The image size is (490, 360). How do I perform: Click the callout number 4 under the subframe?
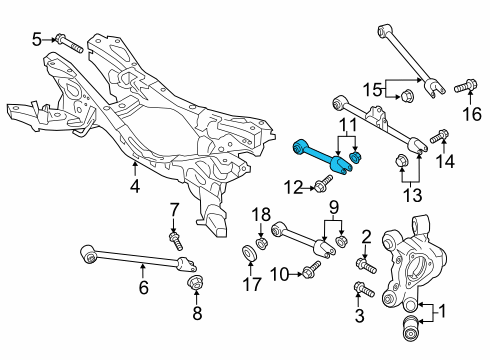coord(135,186)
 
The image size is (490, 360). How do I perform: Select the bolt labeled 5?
coord(69,43)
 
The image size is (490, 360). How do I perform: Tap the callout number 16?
coord(472,114)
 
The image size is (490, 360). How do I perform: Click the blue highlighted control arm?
coord(319,158)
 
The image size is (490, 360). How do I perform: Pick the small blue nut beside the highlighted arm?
coord(356,157)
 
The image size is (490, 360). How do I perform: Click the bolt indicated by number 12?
coord(323,183)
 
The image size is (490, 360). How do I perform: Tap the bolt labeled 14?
coord(439,136)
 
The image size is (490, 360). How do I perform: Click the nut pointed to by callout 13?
coord(400,161)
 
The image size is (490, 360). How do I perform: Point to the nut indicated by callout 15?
coord(406,96)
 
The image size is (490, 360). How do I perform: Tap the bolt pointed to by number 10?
coord(311,269)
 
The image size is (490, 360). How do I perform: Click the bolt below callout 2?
coord(366,265)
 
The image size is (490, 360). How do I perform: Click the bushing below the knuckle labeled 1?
coord(411,329)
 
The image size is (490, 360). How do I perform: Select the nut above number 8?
coord(196,283)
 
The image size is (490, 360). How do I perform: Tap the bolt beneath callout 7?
coord(176,242)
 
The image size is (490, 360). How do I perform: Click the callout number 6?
coord(143,288)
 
